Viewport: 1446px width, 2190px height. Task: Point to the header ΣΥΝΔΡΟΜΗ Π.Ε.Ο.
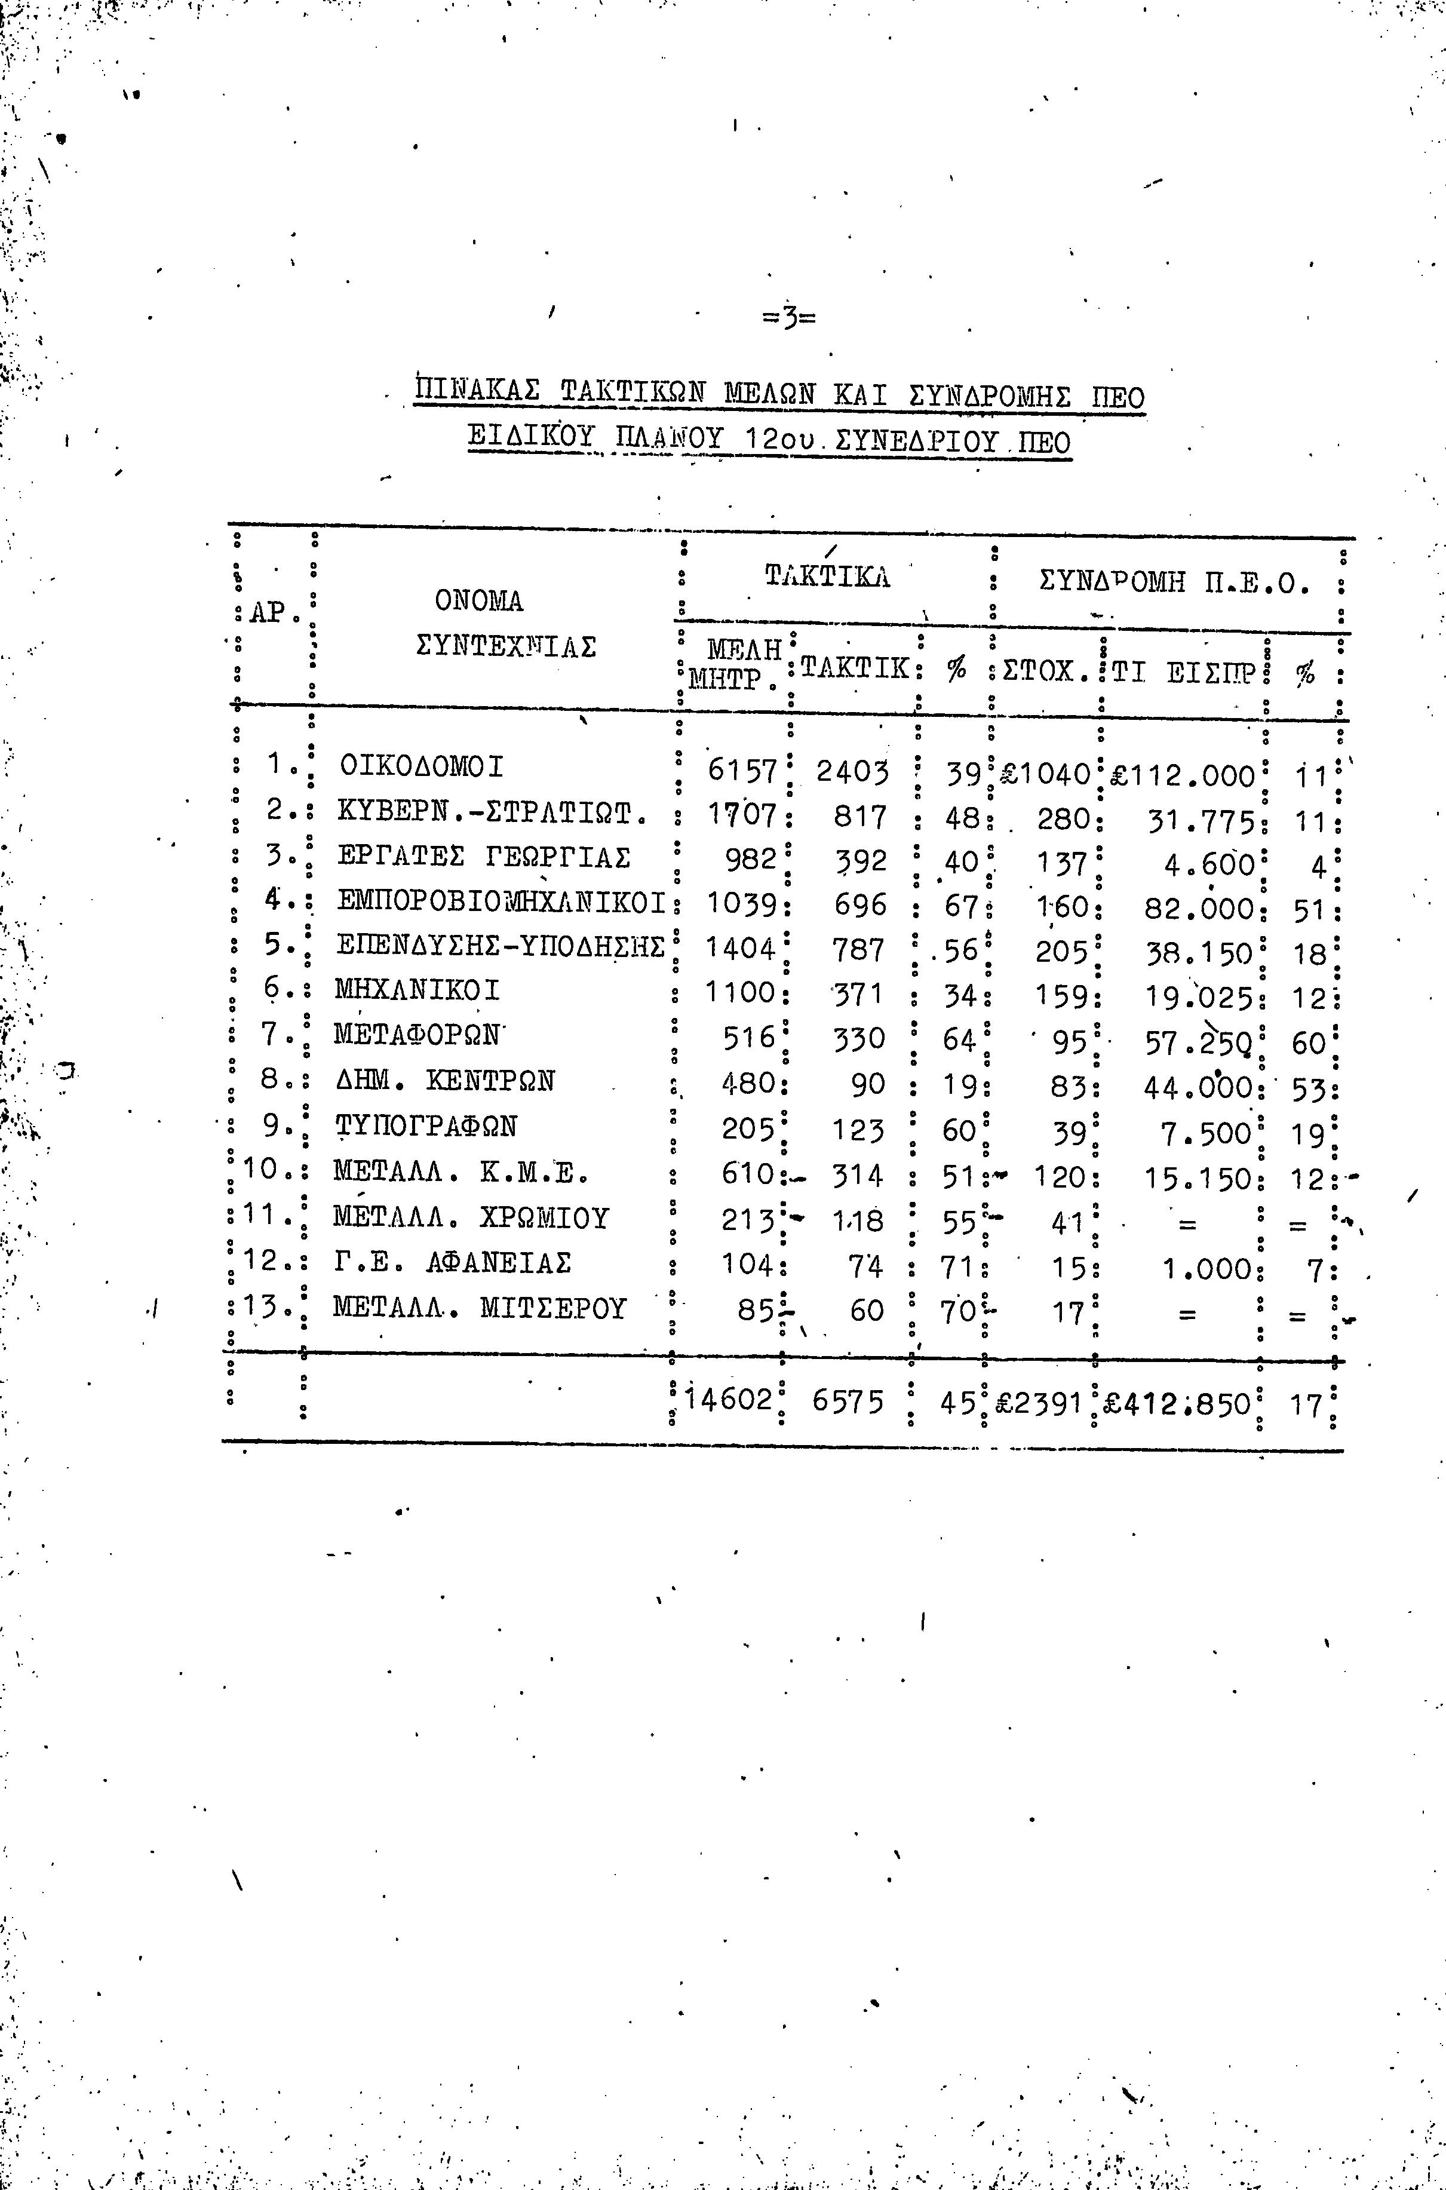click(x=1174, y=583)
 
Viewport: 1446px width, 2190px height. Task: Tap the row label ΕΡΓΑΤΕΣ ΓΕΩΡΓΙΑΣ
click(x=483, y=858)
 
